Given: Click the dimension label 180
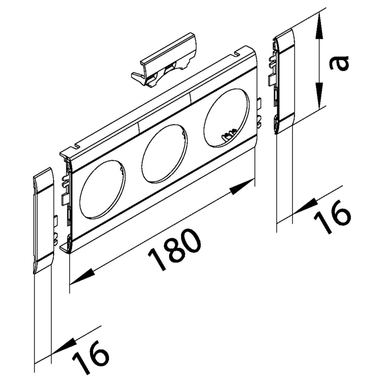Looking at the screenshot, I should pyautogui.click(x=174, y=249).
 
